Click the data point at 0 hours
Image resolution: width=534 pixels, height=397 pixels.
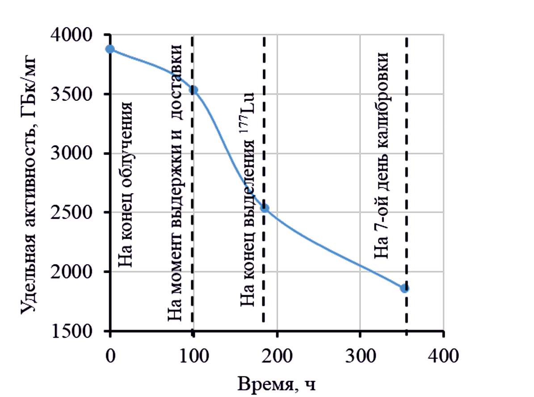pos(110,49)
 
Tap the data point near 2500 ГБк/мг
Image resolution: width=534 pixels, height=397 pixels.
pos(265,208)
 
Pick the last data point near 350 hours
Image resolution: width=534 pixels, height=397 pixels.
pos(404,288)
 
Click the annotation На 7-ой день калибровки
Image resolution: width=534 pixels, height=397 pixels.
pos(382,155)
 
